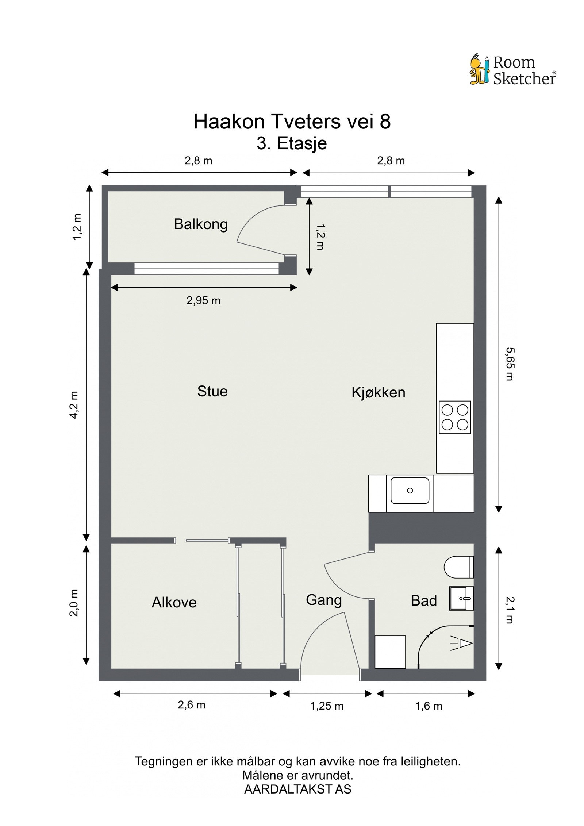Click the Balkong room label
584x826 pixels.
coord(200,224)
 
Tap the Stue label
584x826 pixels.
coord(212,391)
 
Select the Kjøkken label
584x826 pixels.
coord(378,392)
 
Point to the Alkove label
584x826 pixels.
coord(174,602)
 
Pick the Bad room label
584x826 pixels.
coord(424,600)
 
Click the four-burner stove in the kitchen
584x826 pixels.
coord(455,417)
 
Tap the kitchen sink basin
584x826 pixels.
coord(410,491)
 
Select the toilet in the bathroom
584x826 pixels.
coord(459,567)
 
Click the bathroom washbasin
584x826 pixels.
coord(461,598)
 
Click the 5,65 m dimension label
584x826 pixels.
coord(510,364)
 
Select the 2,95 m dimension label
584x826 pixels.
coord(203,300)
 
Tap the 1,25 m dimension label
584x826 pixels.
coord(327,706)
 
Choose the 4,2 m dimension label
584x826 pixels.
coord(74,405)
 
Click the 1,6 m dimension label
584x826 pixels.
coord(429,706)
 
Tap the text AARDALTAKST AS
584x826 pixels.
coord(297,789)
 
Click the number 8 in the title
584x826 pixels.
coord(385,122)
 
